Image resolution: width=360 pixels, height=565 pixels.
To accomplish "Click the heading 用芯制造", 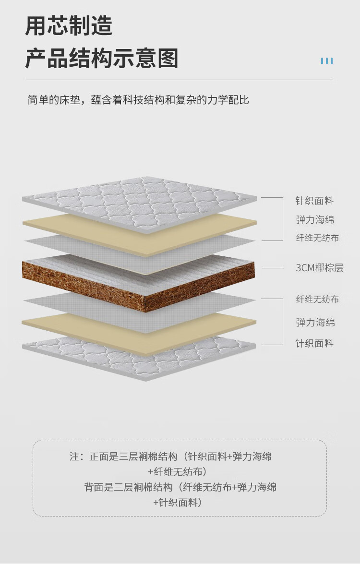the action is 69,25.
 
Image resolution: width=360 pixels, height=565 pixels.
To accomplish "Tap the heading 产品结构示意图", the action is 102,58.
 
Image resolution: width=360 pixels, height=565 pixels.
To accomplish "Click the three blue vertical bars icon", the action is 327,61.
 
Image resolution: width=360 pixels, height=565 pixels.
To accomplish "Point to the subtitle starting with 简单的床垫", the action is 138,100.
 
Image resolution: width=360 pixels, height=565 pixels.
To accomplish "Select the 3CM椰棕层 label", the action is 319,268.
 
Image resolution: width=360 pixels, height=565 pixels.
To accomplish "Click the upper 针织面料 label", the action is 314,201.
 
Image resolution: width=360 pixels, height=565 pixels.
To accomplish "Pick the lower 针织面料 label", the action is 314,343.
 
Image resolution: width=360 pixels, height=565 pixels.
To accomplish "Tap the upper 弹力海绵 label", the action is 315,219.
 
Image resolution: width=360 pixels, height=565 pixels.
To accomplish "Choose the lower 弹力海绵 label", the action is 315,322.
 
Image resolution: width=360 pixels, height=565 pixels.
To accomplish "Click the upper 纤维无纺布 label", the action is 317,238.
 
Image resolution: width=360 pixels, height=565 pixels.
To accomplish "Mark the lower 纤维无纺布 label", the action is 317,299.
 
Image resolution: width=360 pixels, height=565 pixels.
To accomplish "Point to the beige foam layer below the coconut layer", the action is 139,333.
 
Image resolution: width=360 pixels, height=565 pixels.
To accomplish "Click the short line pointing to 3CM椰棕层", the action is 273,268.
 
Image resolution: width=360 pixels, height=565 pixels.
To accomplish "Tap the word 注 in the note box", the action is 74,457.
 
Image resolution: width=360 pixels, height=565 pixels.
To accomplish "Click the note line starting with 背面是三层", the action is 180,487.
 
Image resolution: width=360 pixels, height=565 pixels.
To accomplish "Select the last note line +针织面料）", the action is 178,502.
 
